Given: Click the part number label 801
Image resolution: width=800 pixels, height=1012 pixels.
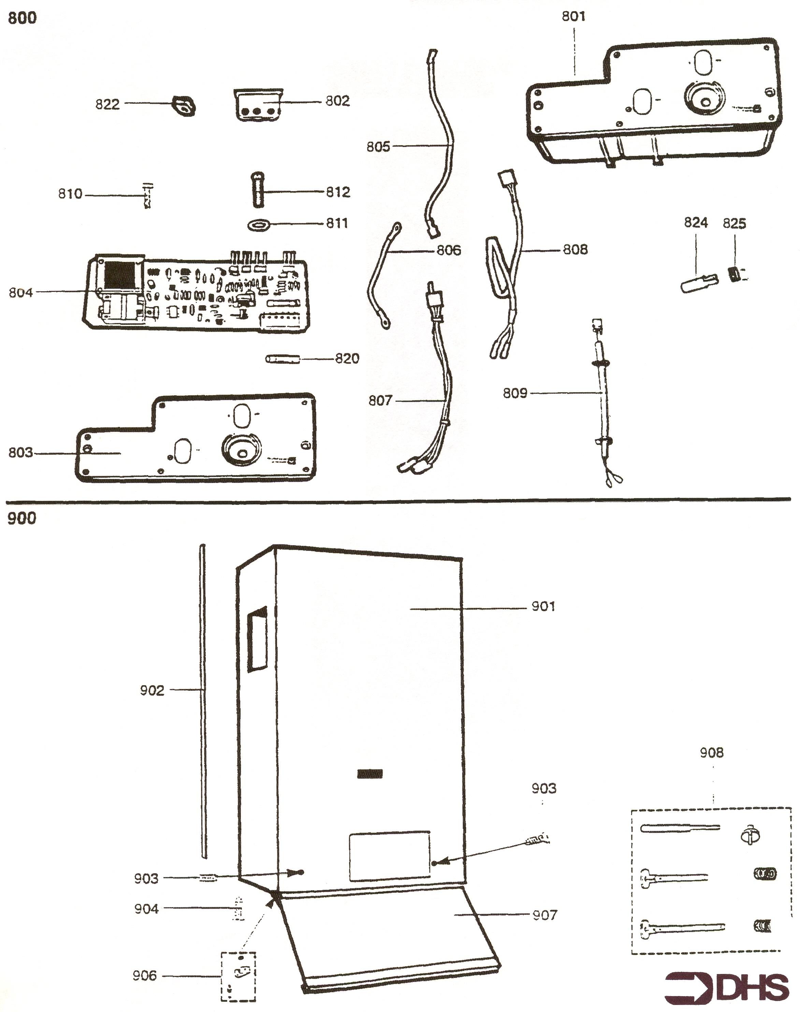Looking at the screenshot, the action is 574,17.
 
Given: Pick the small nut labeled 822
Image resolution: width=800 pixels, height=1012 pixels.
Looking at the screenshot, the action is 184,105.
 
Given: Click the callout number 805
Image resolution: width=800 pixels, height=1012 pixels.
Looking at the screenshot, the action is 378,147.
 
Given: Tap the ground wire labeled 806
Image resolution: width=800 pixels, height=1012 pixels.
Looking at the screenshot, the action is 384,275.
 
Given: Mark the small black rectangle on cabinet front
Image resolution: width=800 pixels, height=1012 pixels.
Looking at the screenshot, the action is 370,774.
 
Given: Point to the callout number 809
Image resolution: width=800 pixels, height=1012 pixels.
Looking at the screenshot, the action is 515,393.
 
